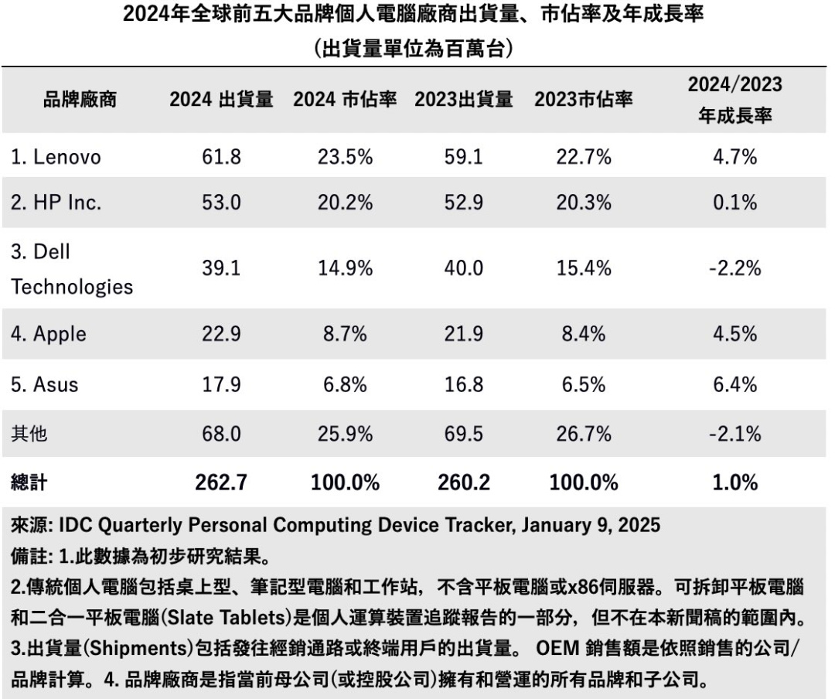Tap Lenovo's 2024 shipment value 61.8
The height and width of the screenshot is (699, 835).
221,158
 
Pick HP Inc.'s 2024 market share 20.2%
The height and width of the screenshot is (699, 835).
345,203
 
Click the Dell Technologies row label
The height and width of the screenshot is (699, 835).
71,270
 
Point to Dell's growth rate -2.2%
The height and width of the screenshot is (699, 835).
734,269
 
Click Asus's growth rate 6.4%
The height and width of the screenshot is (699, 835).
734,384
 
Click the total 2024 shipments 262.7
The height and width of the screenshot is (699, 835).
221,483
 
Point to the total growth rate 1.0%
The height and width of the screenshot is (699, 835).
734,483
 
